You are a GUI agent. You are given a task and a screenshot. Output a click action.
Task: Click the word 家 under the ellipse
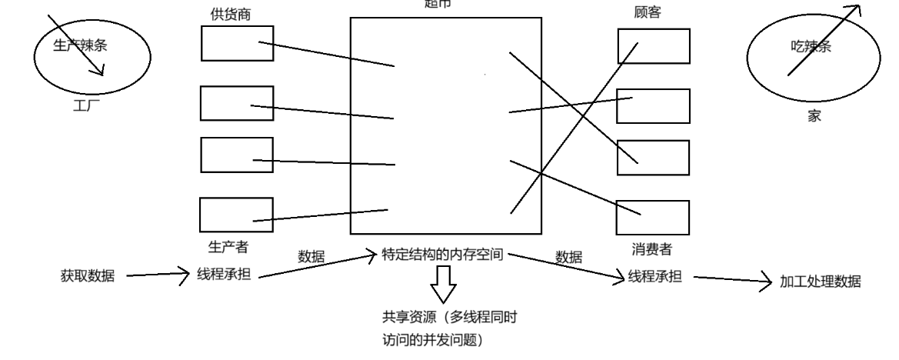(x=814, y=117)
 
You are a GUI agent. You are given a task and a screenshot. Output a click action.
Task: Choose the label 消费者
(x=653, y=248)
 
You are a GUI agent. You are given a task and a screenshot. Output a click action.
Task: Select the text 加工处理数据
(x=821, y=282)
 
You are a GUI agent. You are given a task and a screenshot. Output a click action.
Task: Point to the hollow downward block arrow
(x=442, y=284)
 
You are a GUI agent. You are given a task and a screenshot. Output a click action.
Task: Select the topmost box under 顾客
(x=654, y=46)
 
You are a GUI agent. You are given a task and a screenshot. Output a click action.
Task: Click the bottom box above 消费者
(x=653, y=218)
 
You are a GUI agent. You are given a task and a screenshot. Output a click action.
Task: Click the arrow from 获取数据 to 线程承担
(x=157, y=272)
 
